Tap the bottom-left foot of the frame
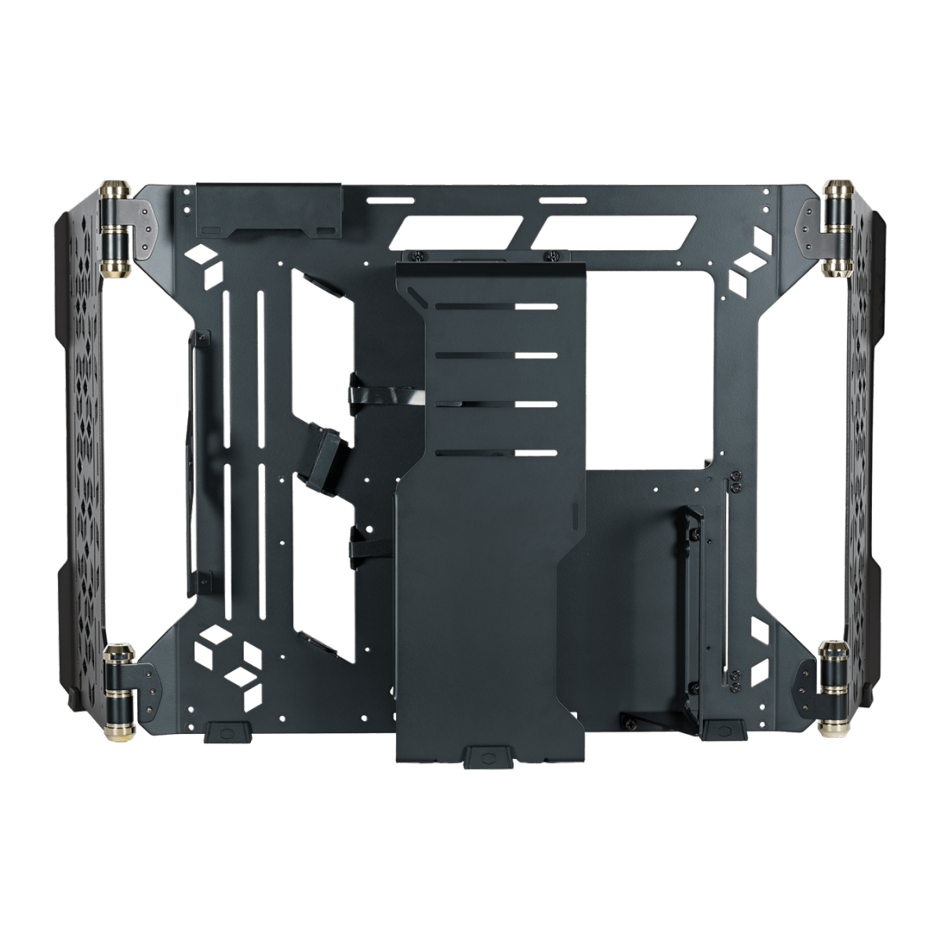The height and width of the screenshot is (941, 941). click(227, 733)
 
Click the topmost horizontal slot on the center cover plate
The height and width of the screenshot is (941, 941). click(496, 306)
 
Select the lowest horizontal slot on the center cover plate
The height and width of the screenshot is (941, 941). click(496, 452)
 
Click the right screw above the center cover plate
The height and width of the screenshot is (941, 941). click(554, 255)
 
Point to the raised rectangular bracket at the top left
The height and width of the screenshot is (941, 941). click(269, 208)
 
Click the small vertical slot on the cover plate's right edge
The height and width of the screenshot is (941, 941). click(574, 518)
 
